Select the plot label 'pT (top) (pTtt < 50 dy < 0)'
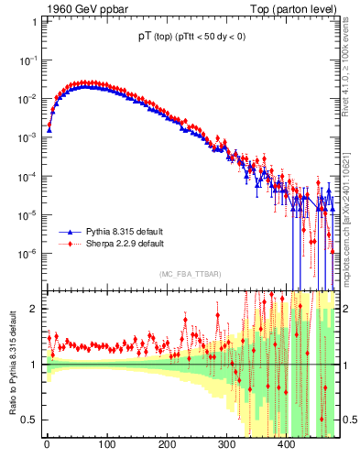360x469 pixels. click(x=191, y=38)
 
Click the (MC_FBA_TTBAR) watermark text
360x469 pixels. click(x=190, y=274)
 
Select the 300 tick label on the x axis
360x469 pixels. click(x=226, y=446)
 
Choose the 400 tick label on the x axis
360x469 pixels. click(x=286, y=446)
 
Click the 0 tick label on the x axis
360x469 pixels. click(x=47, y=446)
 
